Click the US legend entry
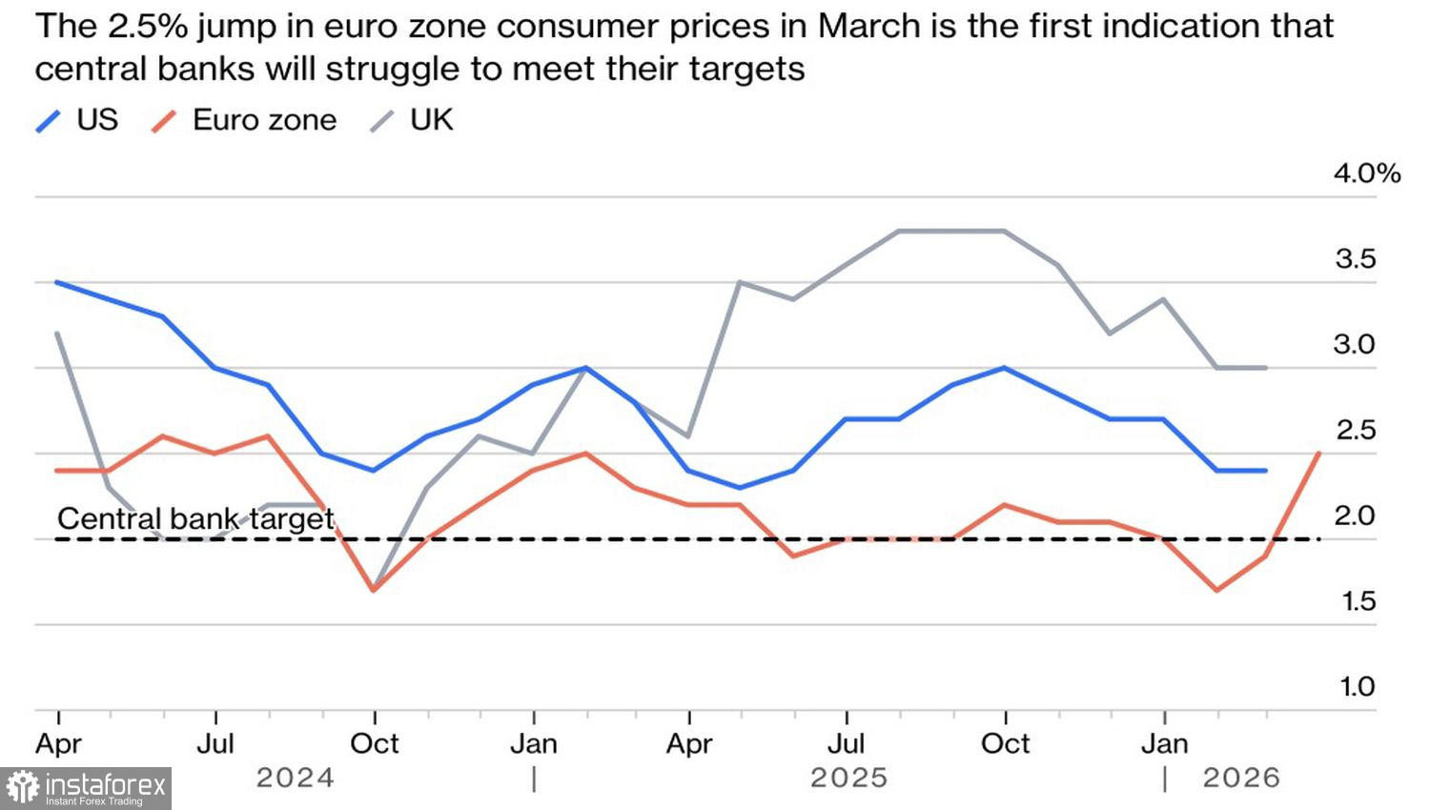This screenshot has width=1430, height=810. point(77,120)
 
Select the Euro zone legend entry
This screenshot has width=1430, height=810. point(245,120)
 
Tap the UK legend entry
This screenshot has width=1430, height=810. point(413,120)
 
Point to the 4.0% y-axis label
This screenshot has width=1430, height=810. point(1367,173)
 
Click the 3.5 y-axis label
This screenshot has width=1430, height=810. point(1355,259)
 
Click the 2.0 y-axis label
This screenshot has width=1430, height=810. point(1355,516)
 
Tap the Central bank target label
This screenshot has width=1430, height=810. point(195,518)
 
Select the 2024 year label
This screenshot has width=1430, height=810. point(295,779)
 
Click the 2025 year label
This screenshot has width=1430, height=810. point(848,779)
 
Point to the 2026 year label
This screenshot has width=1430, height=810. point(1240,779)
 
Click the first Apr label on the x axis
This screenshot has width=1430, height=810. point(59,743)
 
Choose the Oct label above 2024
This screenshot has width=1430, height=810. point(375,743)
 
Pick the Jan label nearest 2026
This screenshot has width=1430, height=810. point(1164,743)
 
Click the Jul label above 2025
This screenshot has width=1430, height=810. point(847,743)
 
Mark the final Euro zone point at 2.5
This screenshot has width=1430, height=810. point(1319,454)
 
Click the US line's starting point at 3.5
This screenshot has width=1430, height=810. point(57,282)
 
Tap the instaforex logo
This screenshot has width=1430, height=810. point(86,788)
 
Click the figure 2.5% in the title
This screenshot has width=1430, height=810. point(147,27)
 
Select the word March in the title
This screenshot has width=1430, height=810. point(872,27)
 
